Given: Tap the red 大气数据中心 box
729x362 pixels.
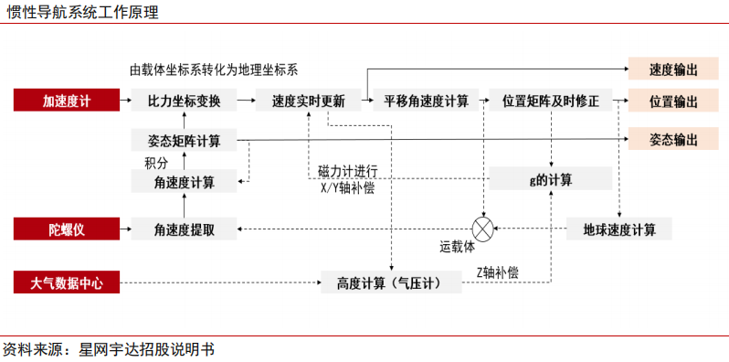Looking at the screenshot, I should (67, 283).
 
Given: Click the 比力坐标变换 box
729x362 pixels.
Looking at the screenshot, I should (184, 101).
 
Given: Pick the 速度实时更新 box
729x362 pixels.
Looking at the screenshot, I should (308, 101).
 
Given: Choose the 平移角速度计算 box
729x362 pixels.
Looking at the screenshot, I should (426, 101).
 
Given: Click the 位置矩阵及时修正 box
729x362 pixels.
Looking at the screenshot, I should (550, 101).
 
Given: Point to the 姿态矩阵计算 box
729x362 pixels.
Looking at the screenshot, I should (184, 141).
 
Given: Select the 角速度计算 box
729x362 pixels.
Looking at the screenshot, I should (184, 181).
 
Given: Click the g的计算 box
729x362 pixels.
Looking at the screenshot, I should (550, 179).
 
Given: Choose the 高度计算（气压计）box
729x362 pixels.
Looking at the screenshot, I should (389, 283).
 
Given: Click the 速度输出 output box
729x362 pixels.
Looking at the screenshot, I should (674, 69).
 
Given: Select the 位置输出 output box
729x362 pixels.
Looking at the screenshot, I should (674, 101).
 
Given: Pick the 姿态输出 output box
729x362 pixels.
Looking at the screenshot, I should (674, 140).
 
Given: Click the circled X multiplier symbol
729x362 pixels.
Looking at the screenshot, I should (481, 229).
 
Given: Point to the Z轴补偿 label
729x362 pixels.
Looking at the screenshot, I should (497, 271).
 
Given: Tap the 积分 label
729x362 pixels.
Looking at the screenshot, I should (156, 162).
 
